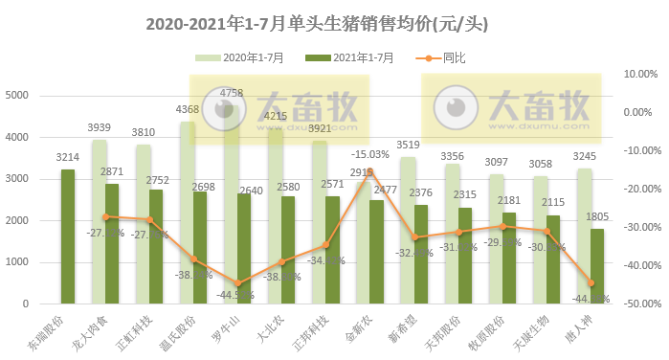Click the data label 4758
pyautogui.click(x=231, y=94)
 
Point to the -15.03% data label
pyautogui.click(x=369, y=154)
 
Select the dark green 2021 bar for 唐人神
pyautogui.click(x=597, y=265)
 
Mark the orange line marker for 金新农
pyautogui.click(x=370, y=170)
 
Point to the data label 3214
pyautogui.click(x=68, y=157)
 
